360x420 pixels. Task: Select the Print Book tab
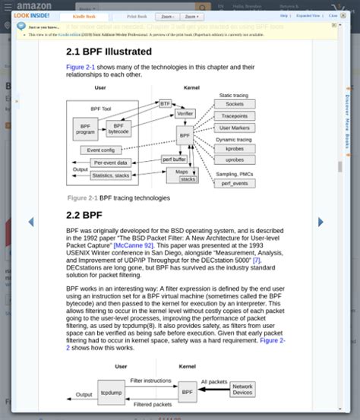[137, 15]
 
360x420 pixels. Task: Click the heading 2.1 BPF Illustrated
[109, 52]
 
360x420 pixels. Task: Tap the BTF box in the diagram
[166, 103]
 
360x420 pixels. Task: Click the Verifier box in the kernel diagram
[185, 114]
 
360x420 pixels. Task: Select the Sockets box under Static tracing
[235, 104]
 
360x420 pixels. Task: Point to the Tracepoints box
[235, 116]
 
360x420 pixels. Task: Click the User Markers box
[235, 128]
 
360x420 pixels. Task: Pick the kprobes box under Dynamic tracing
[235, 149]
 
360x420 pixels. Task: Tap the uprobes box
[235, 160]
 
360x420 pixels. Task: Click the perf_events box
[235, 184]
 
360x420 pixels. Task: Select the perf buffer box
[174, 159]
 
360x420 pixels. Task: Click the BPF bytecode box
[118, 129]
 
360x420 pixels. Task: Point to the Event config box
[101, 150]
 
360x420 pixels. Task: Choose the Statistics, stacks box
[110, 175]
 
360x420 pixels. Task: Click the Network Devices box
[242, 389]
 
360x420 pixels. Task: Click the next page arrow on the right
[321, 222]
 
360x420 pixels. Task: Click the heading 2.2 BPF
[84, 215]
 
